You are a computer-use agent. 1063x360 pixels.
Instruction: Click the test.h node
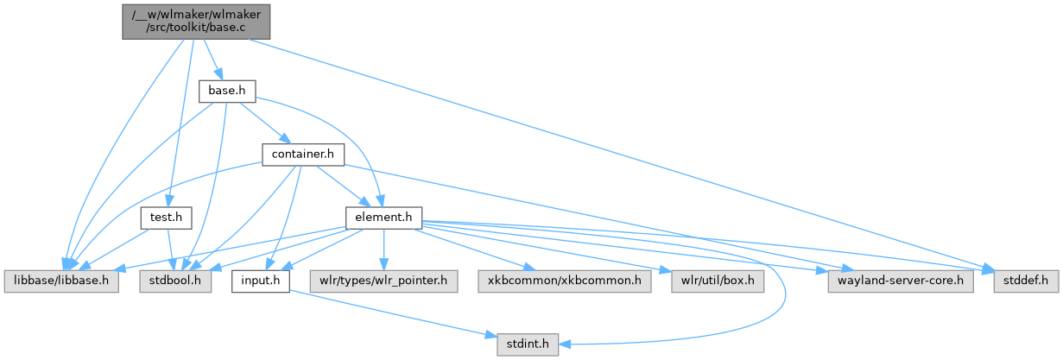coord(165,218)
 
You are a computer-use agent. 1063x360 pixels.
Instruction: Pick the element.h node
coord(382,218)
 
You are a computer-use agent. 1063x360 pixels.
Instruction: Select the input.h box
coord(258,281)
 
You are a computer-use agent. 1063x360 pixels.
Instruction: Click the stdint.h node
coord(527,345)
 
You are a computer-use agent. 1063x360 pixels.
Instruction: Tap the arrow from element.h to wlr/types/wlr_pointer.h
coord(383,249)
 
